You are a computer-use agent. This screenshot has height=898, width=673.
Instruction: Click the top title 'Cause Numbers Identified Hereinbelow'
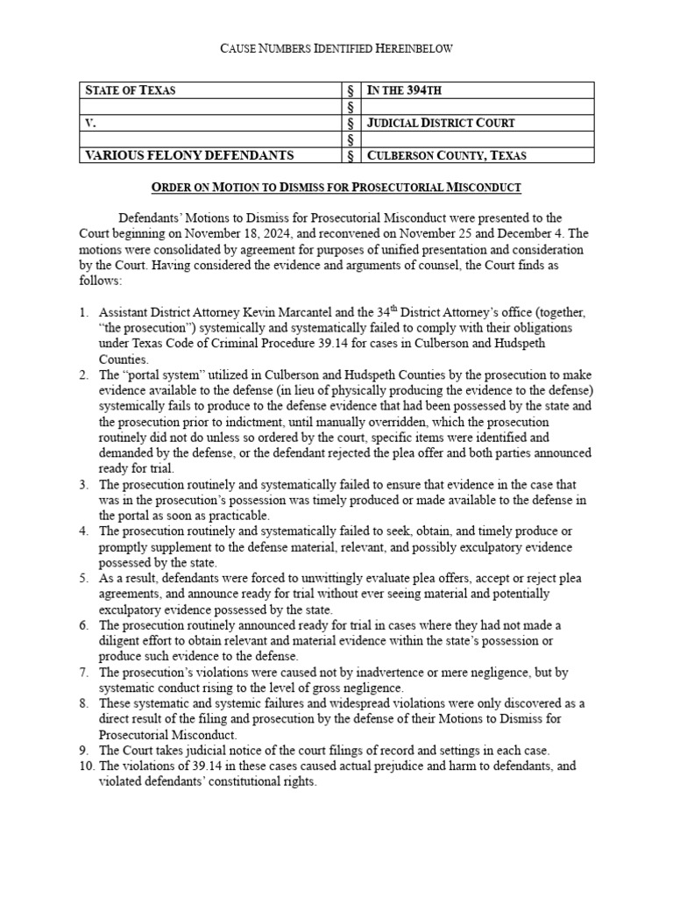click(336, 50)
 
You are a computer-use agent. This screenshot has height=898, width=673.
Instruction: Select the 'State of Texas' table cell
click(129, 89)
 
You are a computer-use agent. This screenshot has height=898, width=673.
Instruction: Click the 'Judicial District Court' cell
click(440, 123)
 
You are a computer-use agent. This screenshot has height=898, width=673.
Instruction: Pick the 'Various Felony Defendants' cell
click(188, 155)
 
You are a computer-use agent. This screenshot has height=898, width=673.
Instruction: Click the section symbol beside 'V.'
click(351, 123)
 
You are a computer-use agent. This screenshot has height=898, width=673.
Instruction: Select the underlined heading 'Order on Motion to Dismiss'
click(336, 188)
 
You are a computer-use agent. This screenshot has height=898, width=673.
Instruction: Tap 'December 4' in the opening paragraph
click(556, 233)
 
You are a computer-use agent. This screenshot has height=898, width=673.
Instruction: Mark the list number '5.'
click(84, 578)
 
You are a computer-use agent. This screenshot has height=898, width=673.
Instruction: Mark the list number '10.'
click(86, 766)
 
